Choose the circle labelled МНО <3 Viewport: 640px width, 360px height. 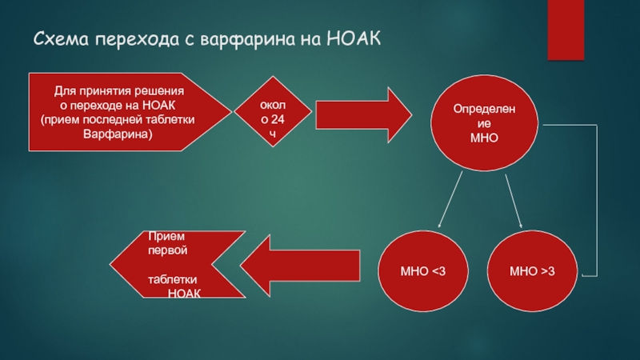click(x=423, y=273)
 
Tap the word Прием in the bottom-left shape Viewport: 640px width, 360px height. click(x=166, y=236)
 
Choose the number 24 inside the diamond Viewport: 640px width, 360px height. click(x=277, y=119)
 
